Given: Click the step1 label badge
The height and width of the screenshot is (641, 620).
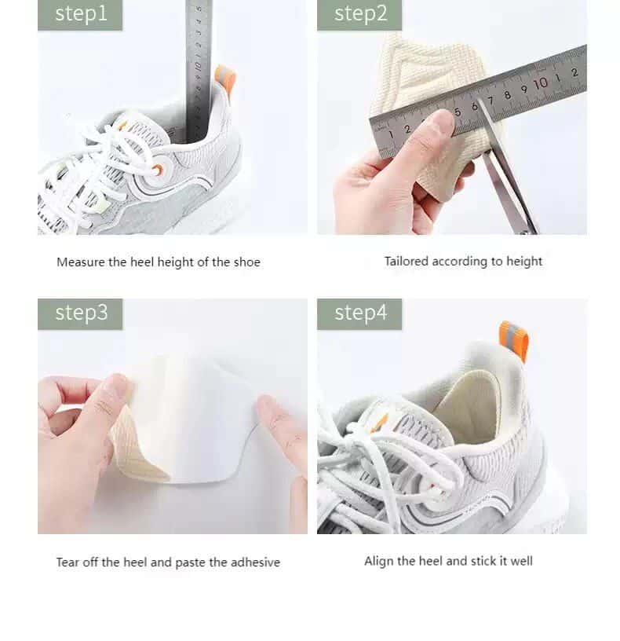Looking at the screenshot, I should click(x=80, y=14).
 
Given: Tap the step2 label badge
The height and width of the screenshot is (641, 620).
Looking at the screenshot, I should click(x=359, y=14).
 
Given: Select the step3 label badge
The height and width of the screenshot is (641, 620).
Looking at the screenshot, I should click(x=80, y=313).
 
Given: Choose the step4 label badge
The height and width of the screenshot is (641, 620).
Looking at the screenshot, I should click(x=359, y=313).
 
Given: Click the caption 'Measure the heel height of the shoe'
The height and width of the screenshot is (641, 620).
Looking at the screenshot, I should click(x=158, y=262).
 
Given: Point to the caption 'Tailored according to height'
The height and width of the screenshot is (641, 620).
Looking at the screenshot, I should click(x=463, y=261).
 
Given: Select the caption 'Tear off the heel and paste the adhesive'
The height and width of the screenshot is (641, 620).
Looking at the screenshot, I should click(x=168, y=562).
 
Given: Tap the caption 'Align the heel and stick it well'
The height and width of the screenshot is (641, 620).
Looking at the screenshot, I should click(x=448, y=561).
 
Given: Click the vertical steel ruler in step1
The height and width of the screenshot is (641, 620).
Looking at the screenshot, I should click(x=199, y=63).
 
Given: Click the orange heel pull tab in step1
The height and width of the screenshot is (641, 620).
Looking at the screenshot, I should click(x=224, y=79).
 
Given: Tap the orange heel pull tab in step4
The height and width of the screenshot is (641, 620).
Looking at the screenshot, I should click(x=513, y=340).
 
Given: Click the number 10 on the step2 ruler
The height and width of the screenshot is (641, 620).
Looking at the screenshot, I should click(x=540, y=83).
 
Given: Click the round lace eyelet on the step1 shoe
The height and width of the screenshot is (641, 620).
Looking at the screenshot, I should click(x=158, y=170).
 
